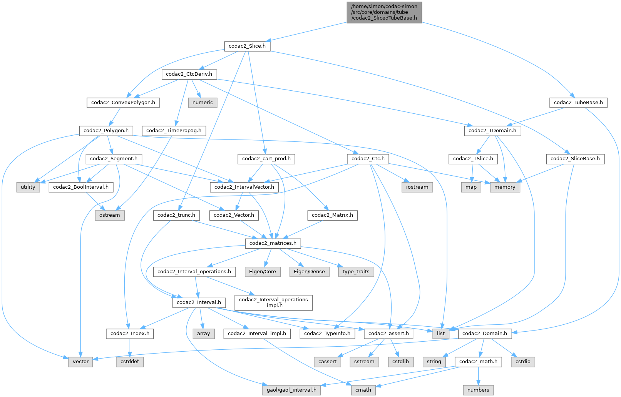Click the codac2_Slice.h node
[x=247, y=46]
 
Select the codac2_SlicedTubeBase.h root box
[x=384, y=12]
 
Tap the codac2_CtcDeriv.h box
[x=189, y=74]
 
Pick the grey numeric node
[x=203, y=103]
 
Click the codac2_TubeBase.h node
[x=578, y=103]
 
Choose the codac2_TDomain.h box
[x=492, y=131]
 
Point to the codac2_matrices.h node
[x=273, y=243]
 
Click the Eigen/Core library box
[x=262, y=272]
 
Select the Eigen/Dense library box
[x=309, y=272]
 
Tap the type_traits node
[x=356, y=272]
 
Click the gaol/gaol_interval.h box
[x=291, y=390]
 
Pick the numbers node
[x=478, y=390]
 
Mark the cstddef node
[x=130, y=362]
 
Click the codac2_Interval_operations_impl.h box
[x=273, y=302]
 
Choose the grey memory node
[x=505, y=187]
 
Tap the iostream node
[x=417, y=187]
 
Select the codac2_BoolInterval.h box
[x=81, y=187]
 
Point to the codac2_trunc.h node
[x=176, y=215]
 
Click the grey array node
[x=203, y=334]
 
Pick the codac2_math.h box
[x=478, y=362]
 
